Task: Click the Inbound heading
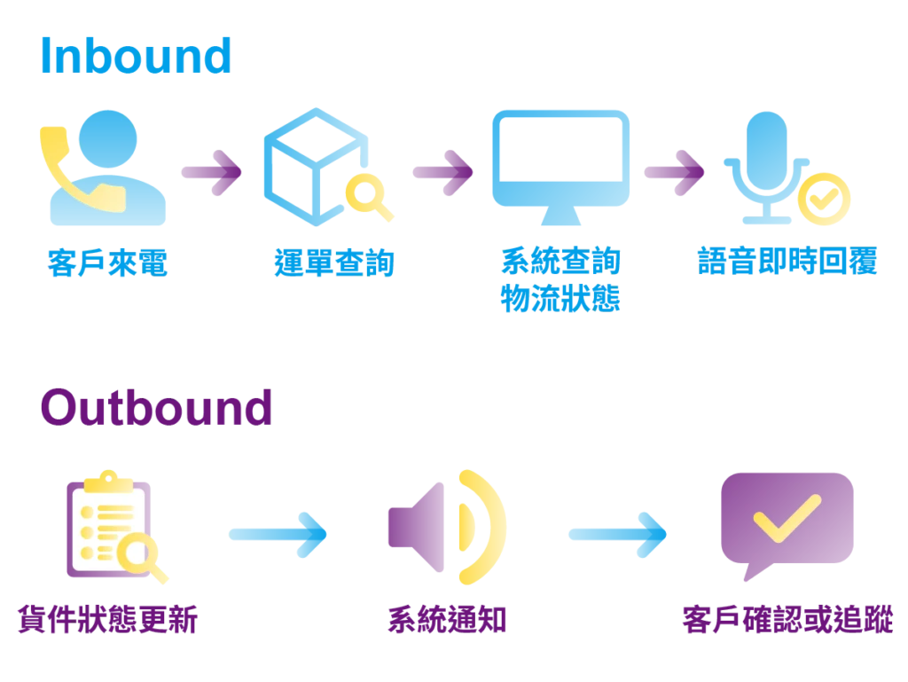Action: tap(135, 57)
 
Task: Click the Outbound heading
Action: tap(156, 408)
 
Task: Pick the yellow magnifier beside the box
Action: tap(367, 197)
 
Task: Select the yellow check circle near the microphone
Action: tap(822, 197)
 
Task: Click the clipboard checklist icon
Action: tap(106, 523)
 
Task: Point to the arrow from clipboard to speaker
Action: tap(278, 534)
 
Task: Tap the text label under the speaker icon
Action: tap(447, 618)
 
